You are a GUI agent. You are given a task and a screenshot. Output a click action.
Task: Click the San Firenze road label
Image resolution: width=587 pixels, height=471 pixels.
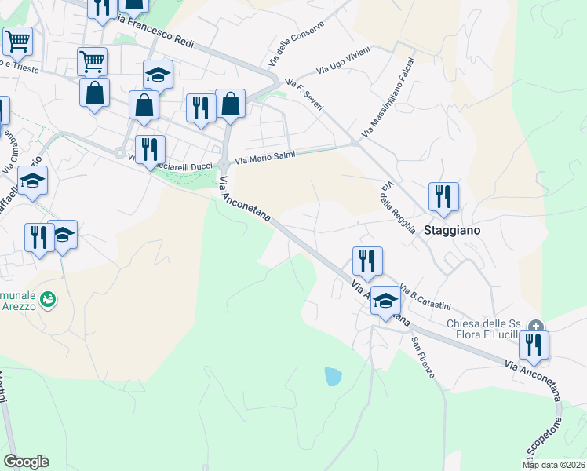[x=422, y=357]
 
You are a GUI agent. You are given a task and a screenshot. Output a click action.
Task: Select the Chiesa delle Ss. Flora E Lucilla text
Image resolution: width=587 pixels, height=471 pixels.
[x=484, y=330]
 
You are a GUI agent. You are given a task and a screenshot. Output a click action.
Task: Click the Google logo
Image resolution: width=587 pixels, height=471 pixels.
[x=26, y=462]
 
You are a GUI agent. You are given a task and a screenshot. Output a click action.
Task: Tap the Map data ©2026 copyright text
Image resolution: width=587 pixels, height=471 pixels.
[x=554, y=465]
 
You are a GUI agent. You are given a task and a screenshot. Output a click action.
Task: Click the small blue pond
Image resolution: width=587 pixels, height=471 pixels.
[x=334, y=377]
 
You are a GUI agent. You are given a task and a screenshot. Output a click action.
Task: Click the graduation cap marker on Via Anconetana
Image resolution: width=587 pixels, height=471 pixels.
[x=385, y=302]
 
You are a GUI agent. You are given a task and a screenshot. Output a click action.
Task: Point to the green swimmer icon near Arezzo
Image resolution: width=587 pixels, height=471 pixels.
[x=48, y=300]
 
